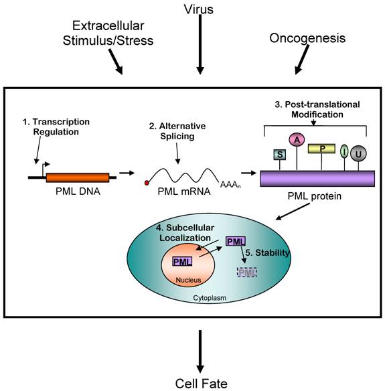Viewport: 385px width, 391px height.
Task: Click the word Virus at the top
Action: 199,9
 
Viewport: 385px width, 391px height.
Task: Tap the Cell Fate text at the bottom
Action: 200,383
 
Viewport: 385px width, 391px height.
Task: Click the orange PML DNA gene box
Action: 77,177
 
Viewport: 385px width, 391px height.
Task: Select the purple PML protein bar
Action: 316,178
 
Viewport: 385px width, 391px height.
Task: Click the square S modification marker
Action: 279,155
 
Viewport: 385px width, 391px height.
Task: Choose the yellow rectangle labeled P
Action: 321,147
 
